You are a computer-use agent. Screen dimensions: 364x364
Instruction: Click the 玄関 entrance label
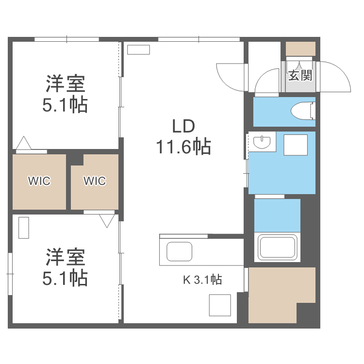(300, 75)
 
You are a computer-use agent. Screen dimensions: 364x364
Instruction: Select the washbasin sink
(262, 142)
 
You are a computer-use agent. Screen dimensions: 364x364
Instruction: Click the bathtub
(278, 248)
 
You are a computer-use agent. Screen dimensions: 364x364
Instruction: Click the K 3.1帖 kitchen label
(202, 280)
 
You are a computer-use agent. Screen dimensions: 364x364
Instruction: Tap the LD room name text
(183, 126)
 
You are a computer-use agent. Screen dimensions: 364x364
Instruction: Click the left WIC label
(39, 181)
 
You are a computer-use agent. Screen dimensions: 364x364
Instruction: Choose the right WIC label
(94, 181)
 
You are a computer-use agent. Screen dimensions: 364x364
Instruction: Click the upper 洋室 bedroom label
(66, 83)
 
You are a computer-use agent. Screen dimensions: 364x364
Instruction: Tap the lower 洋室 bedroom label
(66, 256)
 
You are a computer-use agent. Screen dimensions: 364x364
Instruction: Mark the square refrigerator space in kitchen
(219, 305)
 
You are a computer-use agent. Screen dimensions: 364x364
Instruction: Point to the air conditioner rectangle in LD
(139, 50)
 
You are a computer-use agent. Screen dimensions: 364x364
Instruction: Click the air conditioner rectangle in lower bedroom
(24, 228)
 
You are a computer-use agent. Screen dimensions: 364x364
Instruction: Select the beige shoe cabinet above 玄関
(300, 49)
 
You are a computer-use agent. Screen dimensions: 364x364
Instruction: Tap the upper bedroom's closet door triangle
(23, 144)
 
